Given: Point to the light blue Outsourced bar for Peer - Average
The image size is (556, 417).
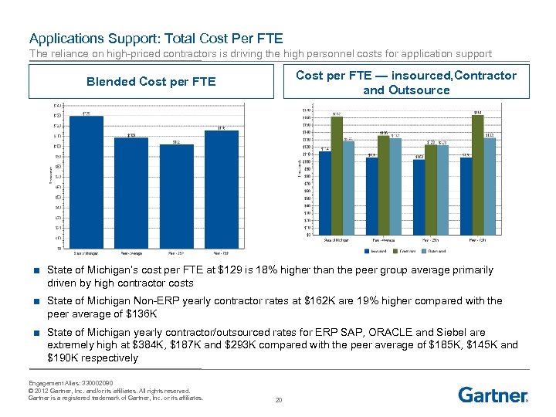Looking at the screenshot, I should pyautogui.click(x=395, y=187).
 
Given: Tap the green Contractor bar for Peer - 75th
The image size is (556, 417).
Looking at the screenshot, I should pyautogui.click(x=477, y=175).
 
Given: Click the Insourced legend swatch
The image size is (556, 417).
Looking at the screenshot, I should pyautogui.click(x=367, y=250).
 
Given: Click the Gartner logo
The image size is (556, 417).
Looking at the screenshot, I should pyautogui.click(x=493, y=395).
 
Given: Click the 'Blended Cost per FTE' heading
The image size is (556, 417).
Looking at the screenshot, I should pyautogui.click(x=151, y=82).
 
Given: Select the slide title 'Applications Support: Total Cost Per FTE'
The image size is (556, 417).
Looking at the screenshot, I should pyautogui.click(x=156, y=37).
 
